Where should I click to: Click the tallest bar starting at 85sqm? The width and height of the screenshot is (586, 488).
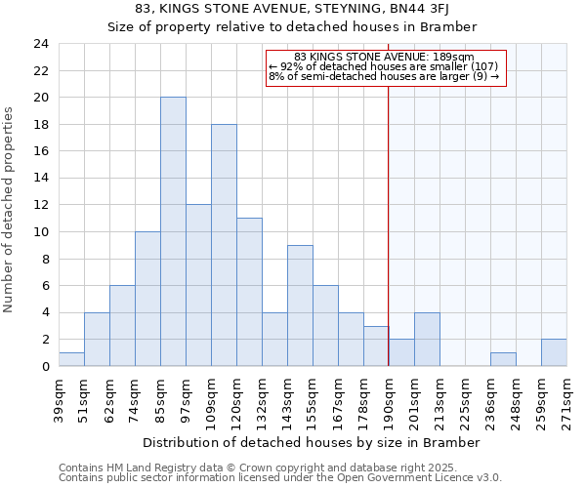click(173, 231)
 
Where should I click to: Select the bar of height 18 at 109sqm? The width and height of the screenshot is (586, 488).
click(224, 245)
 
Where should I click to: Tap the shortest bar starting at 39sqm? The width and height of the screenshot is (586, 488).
click(71, 359)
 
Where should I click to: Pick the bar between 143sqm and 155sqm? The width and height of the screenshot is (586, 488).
click(300, 305)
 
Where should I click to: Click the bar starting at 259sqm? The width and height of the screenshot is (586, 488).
click(554, 352)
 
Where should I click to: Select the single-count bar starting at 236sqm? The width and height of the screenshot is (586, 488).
click(503, 359)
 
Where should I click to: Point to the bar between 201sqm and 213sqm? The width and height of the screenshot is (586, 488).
click(427, 339)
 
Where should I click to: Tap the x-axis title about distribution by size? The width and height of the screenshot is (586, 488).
click(312, 442)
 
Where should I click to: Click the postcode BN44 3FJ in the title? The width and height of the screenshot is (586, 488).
click(445, 10)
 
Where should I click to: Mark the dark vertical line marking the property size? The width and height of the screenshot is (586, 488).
click(389, 215)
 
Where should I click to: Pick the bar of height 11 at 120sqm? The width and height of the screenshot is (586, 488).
click(249, 292)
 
